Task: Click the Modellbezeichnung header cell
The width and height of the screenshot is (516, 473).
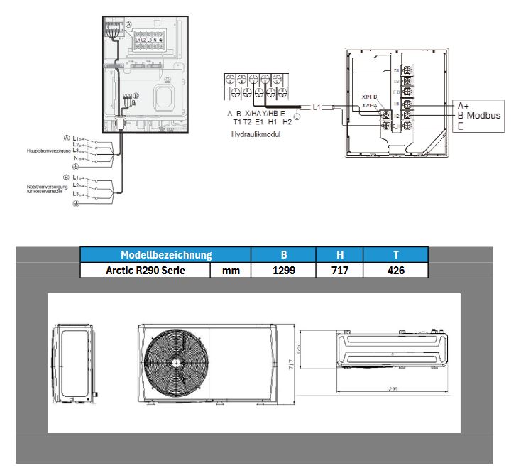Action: (x=166, y=254)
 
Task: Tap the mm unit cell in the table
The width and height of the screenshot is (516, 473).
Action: (x=231, y=270)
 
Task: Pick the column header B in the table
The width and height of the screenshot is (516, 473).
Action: (x=283, y=254)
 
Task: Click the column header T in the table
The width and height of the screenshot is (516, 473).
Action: (x=396, y=254)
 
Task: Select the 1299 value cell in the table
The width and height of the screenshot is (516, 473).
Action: (x=283, y=270)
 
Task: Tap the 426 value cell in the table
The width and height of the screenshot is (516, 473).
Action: (x=396, y=270)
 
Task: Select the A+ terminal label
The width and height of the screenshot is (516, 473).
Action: (x=463, y=104)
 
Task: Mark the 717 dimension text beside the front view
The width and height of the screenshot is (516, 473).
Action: (x=290, y=364)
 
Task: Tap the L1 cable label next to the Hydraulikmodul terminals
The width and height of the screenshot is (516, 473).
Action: (x=317, y=107)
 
